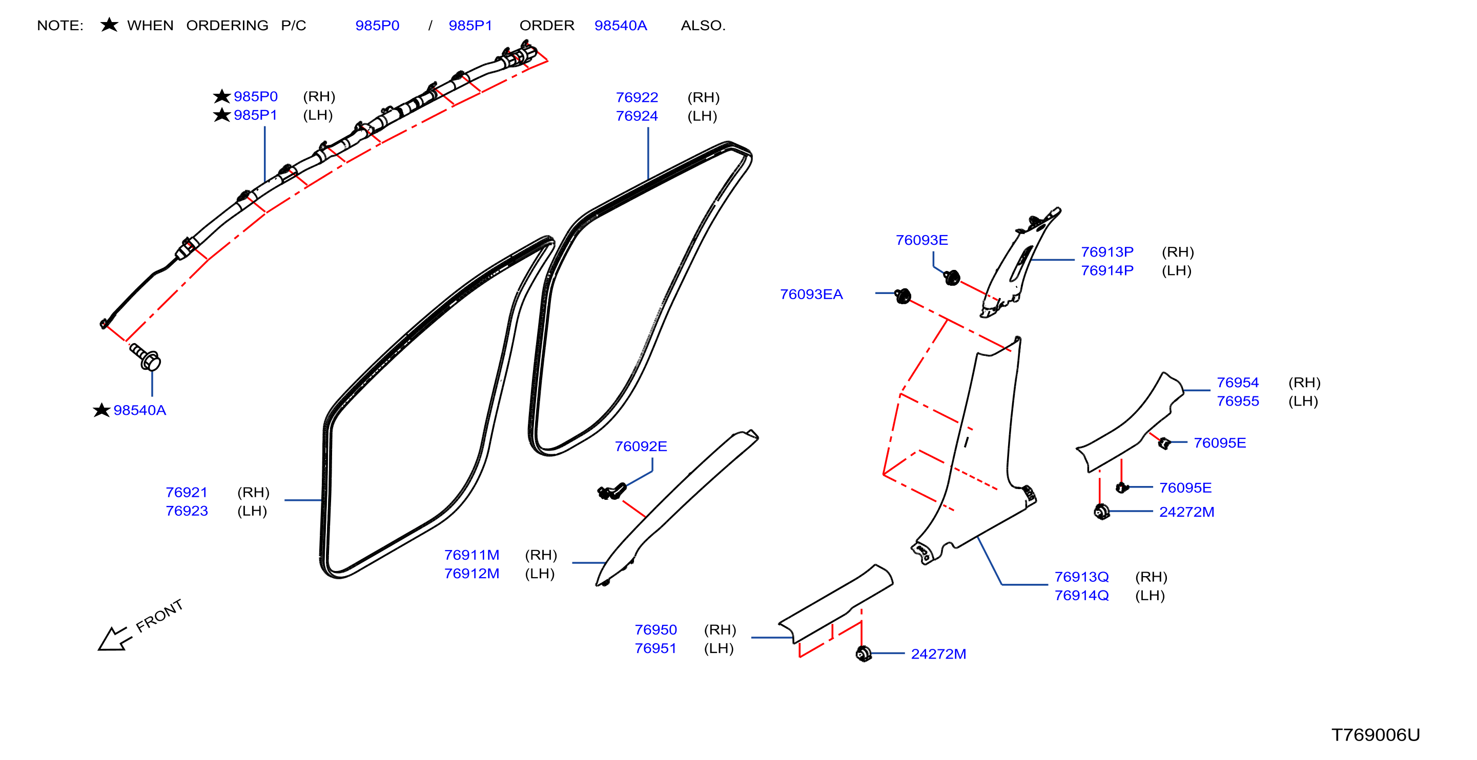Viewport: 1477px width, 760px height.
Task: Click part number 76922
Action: (637, 97)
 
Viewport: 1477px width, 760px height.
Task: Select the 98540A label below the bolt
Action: (139, 410)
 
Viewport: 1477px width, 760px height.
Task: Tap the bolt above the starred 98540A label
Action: (145, 356)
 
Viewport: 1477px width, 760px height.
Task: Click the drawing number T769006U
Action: (1375, 735)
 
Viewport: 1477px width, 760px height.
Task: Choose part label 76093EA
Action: (811, 294)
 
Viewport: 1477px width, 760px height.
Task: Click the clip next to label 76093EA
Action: (902, 295)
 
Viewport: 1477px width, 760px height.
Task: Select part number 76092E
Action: (641, 447)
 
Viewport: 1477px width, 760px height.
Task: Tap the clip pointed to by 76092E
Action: (612, 491)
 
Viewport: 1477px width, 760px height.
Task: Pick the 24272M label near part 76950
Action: (938, 654)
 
